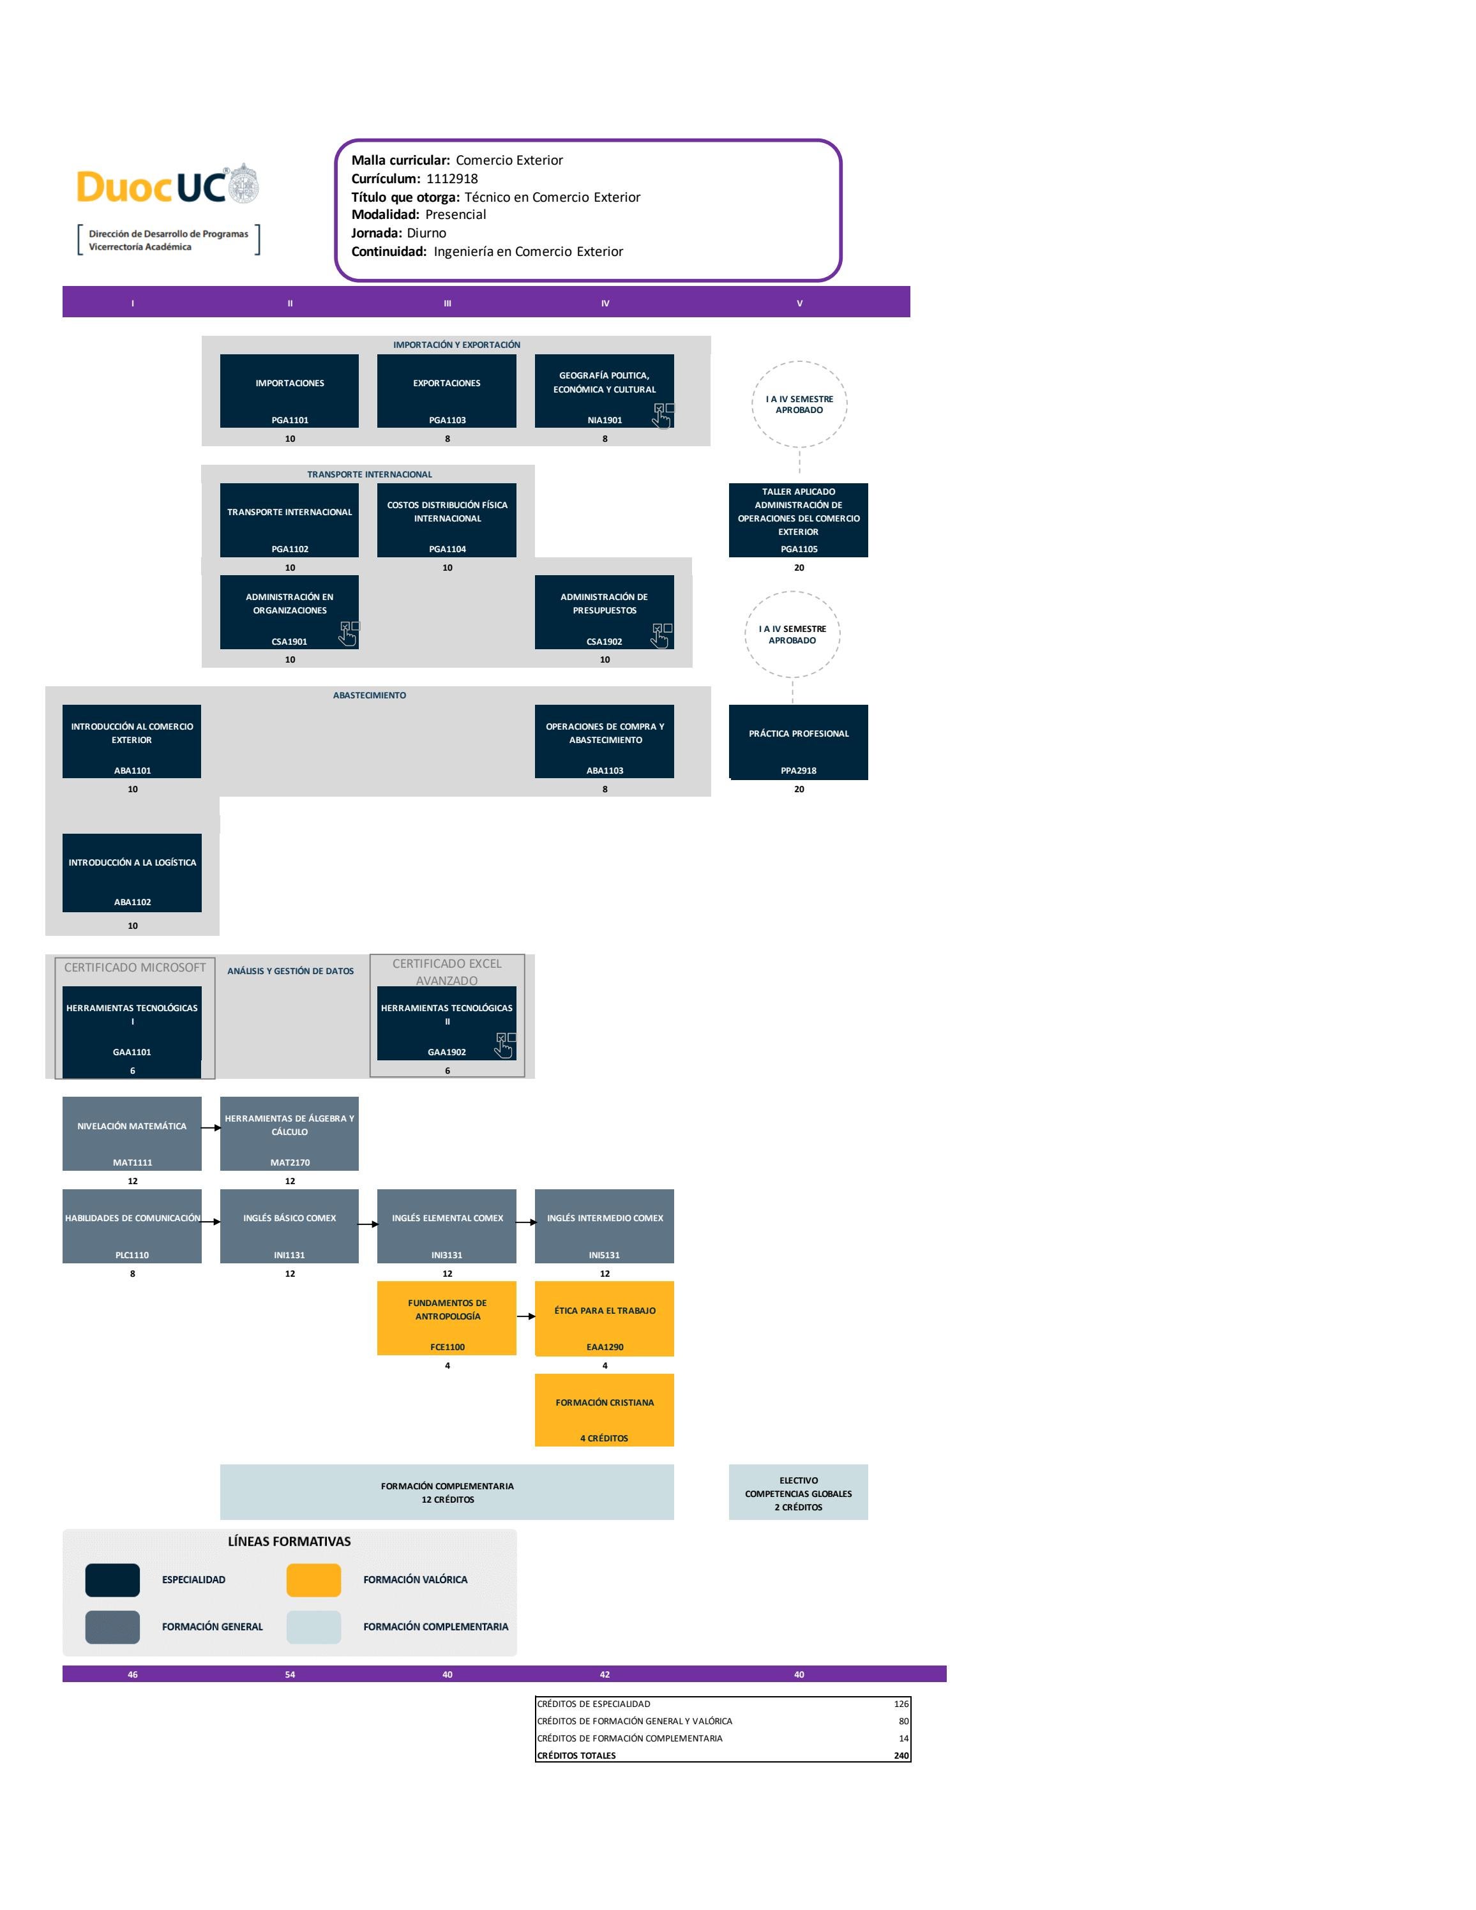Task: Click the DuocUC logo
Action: tap(168, 185)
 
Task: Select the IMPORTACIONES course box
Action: tap(289, 391)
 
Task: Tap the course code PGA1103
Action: tap(447, 420)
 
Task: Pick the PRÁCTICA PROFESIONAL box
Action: tap(799, 742)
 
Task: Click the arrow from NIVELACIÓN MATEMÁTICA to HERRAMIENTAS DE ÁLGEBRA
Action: tap(211, 1127)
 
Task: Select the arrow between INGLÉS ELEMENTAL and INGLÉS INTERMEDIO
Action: tap(525, 1222)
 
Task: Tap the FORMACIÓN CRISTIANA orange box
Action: tap(604, 1410)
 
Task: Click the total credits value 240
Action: tap(901, 1756)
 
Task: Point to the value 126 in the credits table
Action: tap(901, 1704)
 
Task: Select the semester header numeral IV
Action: tap(605, 303)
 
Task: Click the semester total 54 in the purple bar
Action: tap(289, 1674)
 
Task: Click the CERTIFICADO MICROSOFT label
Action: tap(135, 967)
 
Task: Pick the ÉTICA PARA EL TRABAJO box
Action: tap(604, 1319)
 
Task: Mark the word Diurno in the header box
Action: tap(426, 232)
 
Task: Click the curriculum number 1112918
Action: tap(452, 178)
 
